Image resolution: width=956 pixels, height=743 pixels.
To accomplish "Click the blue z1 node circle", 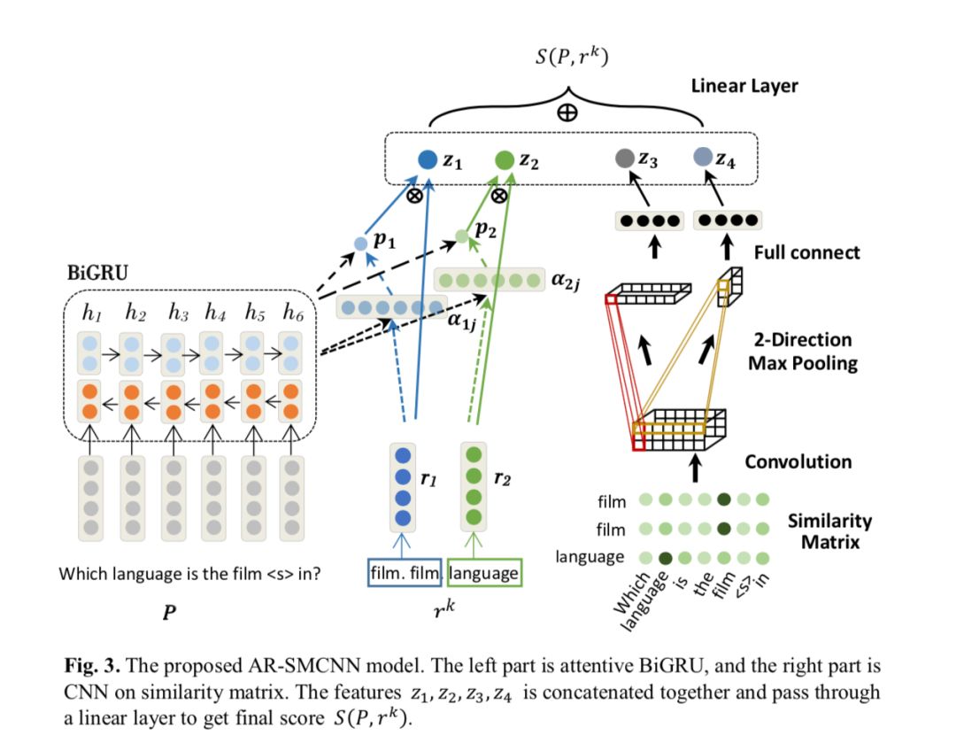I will (427, 159).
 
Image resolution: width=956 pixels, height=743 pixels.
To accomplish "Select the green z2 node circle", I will (505, 159).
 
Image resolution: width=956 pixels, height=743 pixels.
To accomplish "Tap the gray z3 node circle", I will (624, 159).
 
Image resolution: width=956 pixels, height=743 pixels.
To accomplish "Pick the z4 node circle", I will (703, 158).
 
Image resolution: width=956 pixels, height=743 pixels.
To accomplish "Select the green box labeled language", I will (484, 573).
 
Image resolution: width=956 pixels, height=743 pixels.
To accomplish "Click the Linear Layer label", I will (744, 87).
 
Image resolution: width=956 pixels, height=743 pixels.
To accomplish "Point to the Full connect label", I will (806, 252).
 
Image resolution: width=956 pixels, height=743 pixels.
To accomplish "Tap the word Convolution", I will (798, 461).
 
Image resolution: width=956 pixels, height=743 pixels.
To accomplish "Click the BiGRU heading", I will (97, 273).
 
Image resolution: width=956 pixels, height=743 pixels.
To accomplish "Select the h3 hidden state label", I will (178, 312).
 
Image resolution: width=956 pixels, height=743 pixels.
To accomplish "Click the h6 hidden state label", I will (293, 312).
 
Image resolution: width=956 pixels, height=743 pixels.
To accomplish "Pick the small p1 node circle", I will (360, 243).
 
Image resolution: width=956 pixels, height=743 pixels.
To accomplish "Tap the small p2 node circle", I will (460, 236).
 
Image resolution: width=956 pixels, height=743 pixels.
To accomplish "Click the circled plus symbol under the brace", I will (567, 112).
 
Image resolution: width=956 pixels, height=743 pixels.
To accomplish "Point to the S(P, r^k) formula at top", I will (567, 58).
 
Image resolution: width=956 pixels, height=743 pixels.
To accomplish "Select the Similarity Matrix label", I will (829, 530).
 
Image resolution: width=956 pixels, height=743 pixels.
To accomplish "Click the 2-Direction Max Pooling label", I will (803, 352).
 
